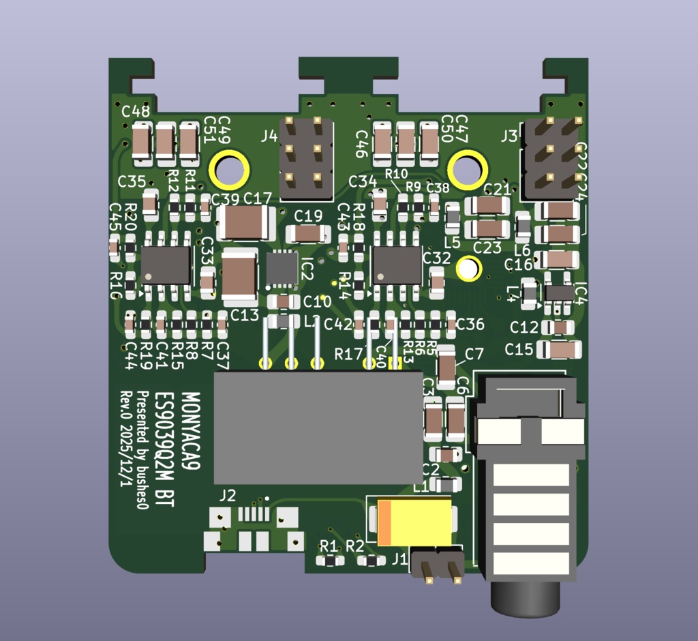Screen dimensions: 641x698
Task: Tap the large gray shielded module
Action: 318,428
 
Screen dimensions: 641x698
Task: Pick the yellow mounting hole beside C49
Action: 228,170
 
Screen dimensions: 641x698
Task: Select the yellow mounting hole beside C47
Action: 468,170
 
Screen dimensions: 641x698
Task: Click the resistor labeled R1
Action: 331,561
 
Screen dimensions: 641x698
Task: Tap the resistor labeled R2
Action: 371,561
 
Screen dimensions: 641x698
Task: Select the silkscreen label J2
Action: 228,496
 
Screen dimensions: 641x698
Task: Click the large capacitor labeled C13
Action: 239,277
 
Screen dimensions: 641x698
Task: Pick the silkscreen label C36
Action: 470,324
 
